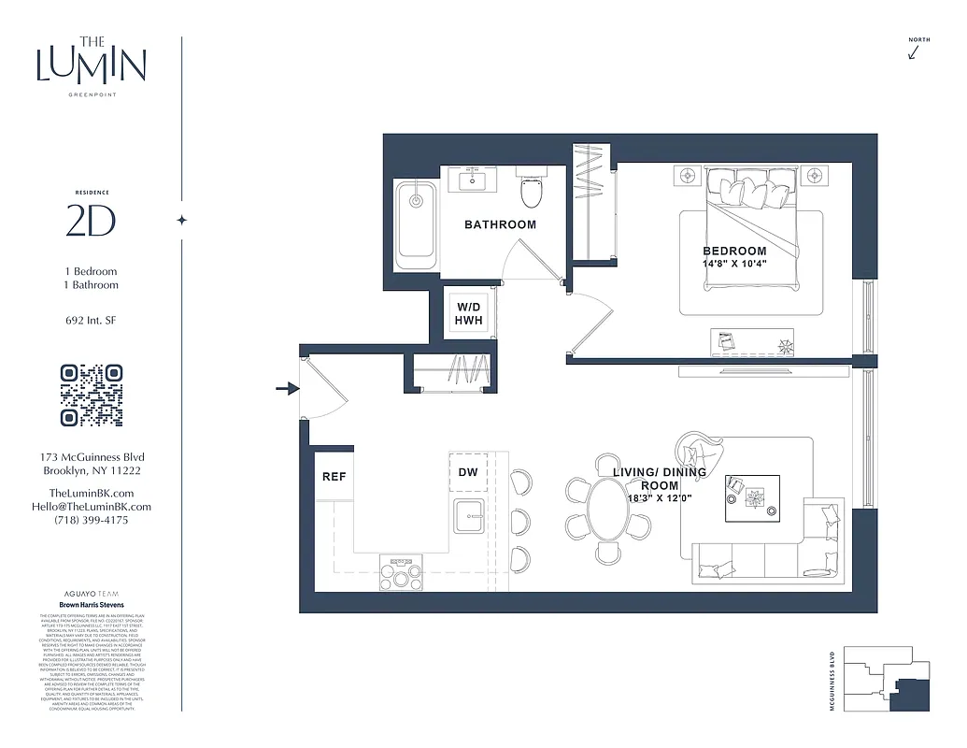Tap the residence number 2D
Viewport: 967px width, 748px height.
(x=91, y=221)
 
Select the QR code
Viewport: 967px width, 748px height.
(x=92, y=395)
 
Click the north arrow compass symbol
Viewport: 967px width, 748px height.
(x=914, y=52)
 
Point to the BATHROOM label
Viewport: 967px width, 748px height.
(x=500, y=224)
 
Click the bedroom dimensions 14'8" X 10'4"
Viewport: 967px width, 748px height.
(x=734, y=265)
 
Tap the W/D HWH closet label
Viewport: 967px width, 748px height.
(x=468, y=314)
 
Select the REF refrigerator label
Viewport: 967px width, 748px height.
(x=334, y=477)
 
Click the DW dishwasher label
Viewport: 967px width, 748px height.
(x=468, y=472)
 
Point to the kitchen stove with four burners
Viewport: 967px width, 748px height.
(x=400, y=571)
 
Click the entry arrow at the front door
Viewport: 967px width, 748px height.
(x=284, y=388)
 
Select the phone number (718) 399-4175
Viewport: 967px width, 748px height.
(x=92, y=520)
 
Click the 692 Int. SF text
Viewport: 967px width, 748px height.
(x=92, y=321)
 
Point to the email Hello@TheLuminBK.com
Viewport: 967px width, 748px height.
(x=92, y=506)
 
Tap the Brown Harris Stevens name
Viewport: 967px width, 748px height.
(x=92, y=606)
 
